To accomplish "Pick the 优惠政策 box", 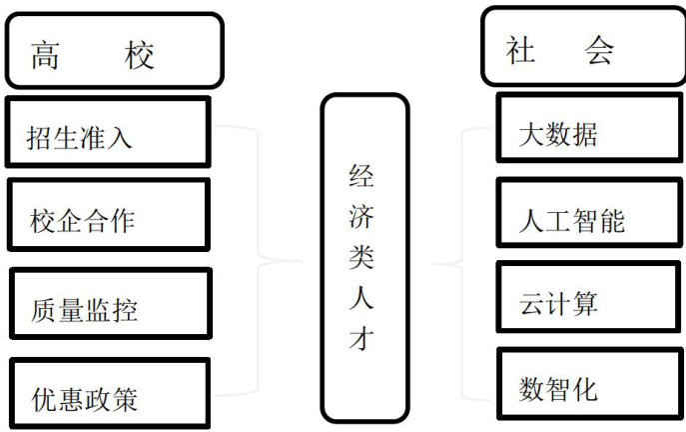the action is (x=110, y=394).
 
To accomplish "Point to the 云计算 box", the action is (x=566, y=298).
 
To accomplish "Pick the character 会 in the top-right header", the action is (x=600, y=50).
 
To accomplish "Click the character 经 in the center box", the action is (x=361, y=178).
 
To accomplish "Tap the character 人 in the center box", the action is (x=361, y=298).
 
